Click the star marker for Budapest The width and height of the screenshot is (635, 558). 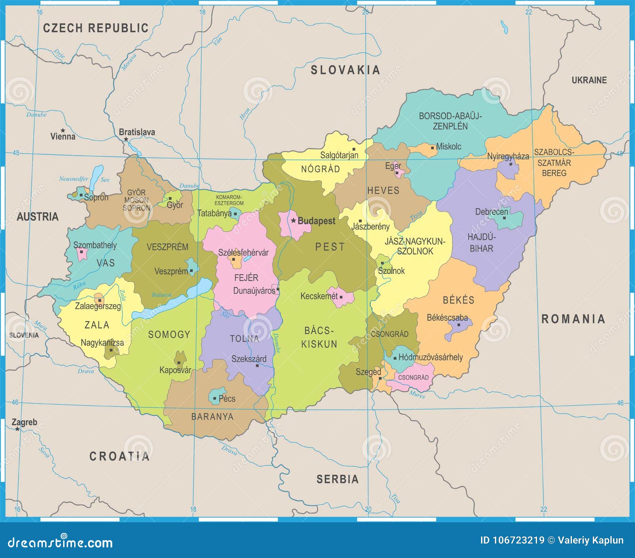293,220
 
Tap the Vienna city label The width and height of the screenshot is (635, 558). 63,137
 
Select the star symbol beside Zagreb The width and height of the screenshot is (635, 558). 17,429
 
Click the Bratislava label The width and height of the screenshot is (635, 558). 137,132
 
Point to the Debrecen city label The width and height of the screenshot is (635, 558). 491,212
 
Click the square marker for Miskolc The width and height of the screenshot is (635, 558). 433,148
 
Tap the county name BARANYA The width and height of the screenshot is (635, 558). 212,417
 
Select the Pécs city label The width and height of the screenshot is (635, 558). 227,398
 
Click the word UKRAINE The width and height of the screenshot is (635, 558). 589,80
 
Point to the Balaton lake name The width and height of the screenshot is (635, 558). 162,295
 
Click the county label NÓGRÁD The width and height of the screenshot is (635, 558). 320,169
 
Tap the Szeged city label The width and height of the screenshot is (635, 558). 368,372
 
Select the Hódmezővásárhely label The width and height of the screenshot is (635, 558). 430,357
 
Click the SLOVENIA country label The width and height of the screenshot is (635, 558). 24,335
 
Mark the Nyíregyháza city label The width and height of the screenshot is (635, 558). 508,156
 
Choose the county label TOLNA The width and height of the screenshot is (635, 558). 244,339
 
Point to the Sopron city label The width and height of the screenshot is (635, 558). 96,197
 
